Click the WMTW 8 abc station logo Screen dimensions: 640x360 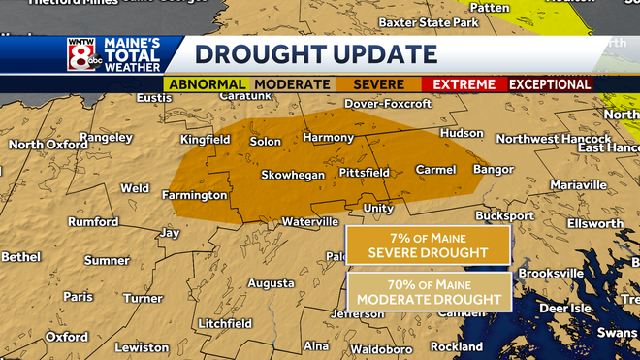[80, 56]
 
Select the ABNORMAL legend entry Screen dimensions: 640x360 [208, 84]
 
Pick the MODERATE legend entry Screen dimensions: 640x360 [291, 84]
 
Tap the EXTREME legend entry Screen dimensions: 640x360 [464, 84]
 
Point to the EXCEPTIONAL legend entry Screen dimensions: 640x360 [550, 84]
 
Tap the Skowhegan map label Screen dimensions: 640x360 [292, 176]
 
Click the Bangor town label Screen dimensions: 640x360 [493, 170]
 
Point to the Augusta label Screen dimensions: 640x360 [271, 283]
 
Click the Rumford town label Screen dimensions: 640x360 [93, 222]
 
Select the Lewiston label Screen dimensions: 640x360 [142, 347]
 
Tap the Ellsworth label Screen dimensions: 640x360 [595, 224]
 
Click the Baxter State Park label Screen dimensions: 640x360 [428, 21]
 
